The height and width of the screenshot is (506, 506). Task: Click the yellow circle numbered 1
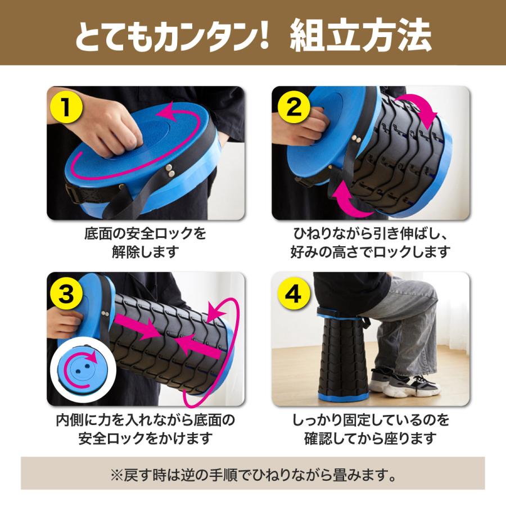[x=66, y=107]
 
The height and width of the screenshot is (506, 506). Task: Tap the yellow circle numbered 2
[x=293, y=107]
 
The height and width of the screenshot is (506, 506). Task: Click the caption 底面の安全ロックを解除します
[x=145, y=242]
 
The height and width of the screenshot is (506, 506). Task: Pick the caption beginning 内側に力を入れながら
[x=145, y=429]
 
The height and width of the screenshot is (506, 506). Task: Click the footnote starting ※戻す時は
[x=253, y=475]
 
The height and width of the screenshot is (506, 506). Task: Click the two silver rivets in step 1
[x=169, y=171]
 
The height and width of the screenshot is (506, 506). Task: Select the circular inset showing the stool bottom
[x=83, y=370]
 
